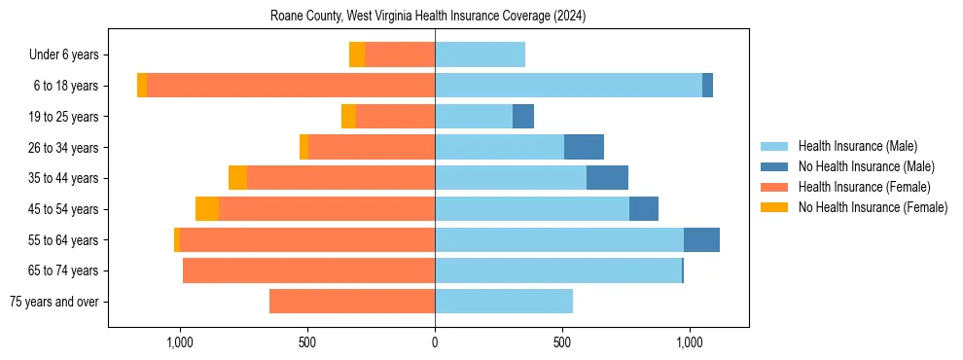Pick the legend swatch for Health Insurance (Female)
774,187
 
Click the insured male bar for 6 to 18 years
568,86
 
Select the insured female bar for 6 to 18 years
291,86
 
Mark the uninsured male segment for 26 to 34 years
584,147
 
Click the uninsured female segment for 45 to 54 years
207,209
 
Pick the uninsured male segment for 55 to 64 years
701,239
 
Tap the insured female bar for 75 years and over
352,302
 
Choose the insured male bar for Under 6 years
480,54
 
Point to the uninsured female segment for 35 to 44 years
237,178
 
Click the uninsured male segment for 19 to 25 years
523,117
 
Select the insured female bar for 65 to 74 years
308,270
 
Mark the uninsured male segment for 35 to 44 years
607,178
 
